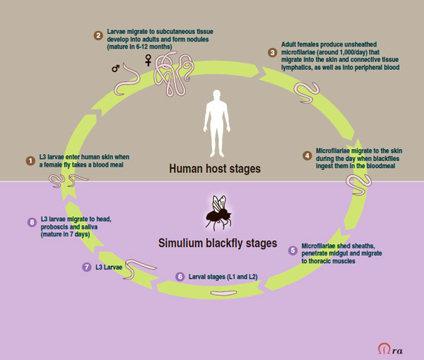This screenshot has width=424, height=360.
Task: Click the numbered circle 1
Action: (x=30, y=161)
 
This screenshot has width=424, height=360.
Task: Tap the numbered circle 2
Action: (x=98, y=35)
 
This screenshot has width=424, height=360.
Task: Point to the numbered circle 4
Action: (x=306, y=156)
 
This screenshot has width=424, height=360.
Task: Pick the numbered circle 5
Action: (x=293, y=249)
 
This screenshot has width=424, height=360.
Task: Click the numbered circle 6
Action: (x=179, y=276)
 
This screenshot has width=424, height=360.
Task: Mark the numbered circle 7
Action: (x=86, y=267)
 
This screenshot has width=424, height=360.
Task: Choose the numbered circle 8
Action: (x=31, y=222)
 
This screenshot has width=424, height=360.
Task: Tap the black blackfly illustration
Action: (x=219, y=212)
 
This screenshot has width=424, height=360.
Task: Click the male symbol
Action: (x=116, y=68)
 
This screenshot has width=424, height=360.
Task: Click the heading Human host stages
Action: (x=215, y=169)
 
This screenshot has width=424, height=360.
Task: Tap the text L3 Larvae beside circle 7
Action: (x=110, y=268)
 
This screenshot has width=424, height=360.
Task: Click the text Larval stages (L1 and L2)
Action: (x=223, y=277)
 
